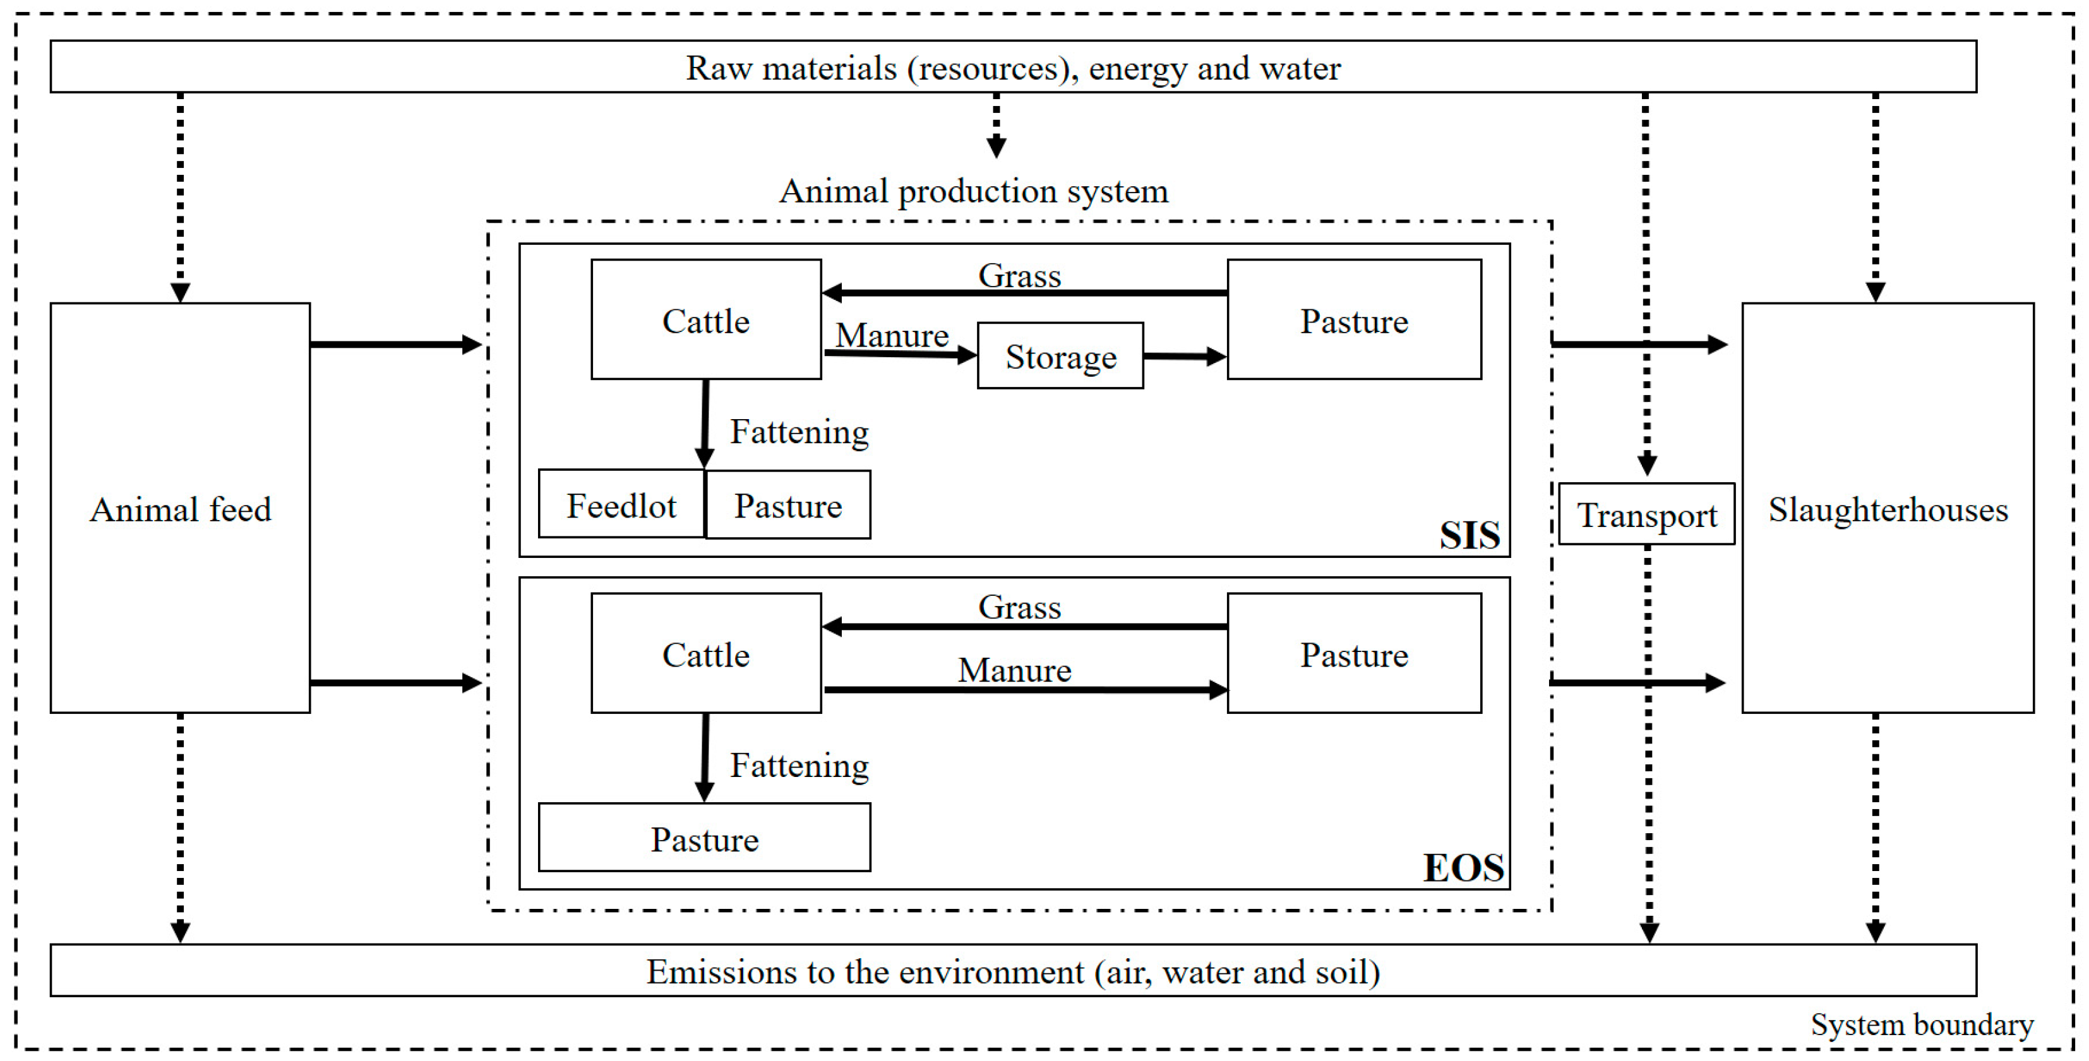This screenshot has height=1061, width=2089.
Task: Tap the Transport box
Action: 1646,514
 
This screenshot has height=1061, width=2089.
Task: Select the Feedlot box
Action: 621,505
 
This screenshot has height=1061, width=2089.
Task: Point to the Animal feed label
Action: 180,510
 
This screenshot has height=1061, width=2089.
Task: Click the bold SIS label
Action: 1469,535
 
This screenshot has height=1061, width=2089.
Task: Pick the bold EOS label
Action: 1463,867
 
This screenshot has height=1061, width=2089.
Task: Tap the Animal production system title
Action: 973,191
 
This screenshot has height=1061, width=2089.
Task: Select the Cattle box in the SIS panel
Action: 705,320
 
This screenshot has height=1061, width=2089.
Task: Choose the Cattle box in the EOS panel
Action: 705,654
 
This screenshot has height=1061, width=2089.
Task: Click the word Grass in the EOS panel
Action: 1019,607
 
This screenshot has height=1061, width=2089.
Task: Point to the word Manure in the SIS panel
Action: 892,335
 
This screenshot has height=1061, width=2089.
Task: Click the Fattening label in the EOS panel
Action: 799,765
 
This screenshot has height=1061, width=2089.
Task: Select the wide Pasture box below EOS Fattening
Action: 704,838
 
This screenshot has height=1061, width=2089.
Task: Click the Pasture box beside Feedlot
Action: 788,505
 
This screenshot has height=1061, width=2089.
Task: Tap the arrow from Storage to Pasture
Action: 1184,356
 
